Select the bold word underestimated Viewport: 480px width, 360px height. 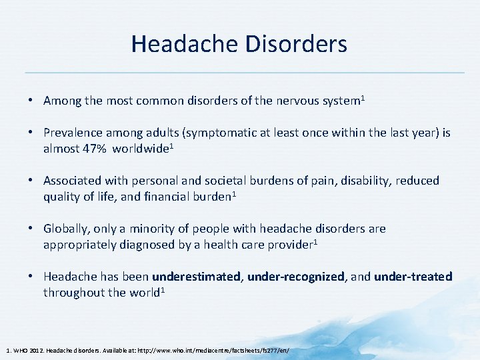pos(197,276)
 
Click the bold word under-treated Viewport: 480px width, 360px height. pos(413,276)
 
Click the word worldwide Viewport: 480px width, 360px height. pos(140,148)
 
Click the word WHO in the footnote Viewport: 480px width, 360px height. pos(19,350)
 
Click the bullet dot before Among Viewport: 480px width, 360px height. pos(31,101)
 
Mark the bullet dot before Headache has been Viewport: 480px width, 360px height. pos(31,276)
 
